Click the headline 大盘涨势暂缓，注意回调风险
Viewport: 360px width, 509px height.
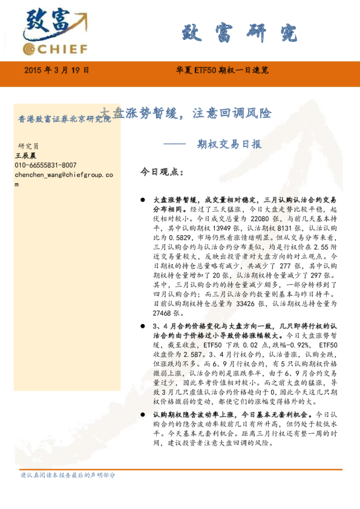click(185, 113)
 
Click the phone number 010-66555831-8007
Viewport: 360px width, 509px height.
click(45, 165)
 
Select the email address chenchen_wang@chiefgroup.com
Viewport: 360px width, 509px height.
click(63, 175)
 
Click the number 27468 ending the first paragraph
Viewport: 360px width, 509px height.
click(163, 314)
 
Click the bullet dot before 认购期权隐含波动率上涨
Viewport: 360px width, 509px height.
click(142, 415)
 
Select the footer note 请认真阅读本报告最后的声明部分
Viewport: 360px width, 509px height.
click(67, 475)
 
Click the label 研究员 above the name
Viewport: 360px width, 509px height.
click(28, 146)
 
